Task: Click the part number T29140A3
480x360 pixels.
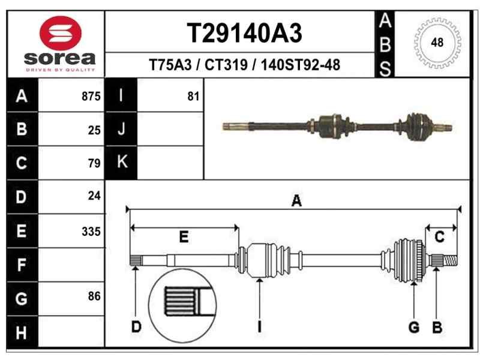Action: pyautogui.click(x=244, y=34)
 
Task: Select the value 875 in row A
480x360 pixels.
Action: pyautogui.click(x=91, y=97)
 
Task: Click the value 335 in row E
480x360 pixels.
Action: pyautogui.click(x=91, y=232)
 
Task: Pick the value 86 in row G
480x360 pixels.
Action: pyautogui.click(x=94, y=296)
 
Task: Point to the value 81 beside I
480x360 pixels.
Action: pyautogui.click(x=193, y=97)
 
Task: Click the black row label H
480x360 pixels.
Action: pyautogui.click(x=22, y=332)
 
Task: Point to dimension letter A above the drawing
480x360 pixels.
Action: pyautogui.click(x=296, y=202)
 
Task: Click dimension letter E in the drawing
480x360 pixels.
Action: pyautogui.click(x=184, y=237)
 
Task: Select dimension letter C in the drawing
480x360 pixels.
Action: pyautogui.click(x=439, y=237)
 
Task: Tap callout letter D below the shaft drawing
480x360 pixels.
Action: pyautogui.click(x=136, y=327)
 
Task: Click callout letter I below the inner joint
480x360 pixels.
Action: pyautogui.click(x=259, y=327)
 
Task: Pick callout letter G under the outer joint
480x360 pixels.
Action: pyautogui.click(x=413, y=327)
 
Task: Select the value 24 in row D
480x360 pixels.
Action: pyautogui.click(x=94, y=196)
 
